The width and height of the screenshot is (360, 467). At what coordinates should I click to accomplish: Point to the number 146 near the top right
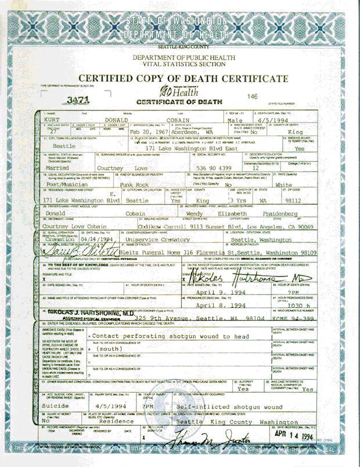pos(252,96)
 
